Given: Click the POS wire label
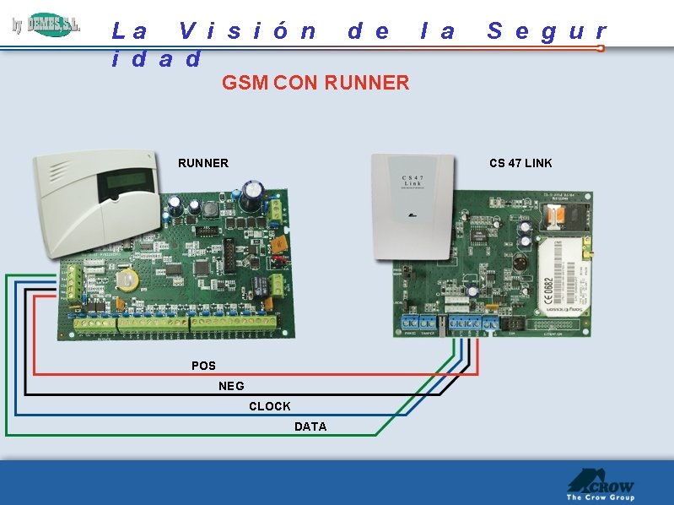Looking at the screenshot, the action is click(x=203, y=366).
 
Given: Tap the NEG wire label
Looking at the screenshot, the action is click(x=231, y=386).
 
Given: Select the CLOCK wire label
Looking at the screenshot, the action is click(x=269, y=406).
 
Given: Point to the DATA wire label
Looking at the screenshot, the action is click(x=310, y=426).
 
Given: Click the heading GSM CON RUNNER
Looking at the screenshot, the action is click(x=315, y=83).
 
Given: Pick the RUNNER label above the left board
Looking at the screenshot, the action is click(x=202, y=163).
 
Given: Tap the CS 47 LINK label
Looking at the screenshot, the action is click(x=520, y=163).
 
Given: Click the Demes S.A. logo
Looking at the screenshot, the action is click(x=46, y=25).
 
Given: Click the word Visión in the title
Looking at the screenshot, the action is click(x=249, y=31).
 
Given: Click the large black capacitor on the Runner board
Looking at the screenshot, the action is click(x=251, y=194).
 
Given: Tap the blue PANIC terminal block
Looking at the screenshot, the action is click(x=410, y=322).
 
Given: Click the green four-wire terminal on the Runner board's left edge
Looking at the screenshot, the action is click(x=73, y=285).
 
